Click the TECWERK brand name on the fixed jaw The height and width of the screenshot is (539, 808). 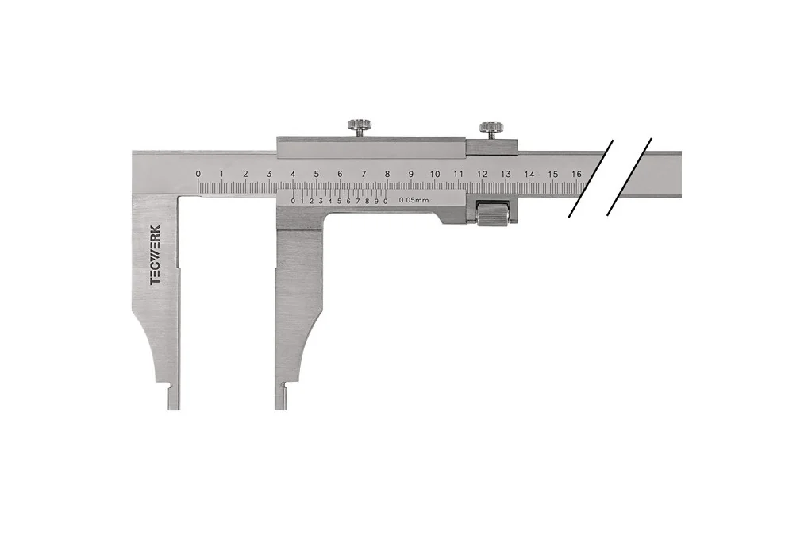(x=155, y=255)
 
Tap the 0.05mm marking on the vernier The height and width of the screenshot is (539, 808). (x=414, y=201)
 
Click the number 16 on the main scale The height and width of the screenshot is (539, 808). (x=576, y=174)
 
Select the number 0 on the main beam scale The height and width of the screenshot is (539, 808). (x=198, y=174)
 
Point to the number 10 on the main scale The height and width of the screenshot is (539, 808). (x=435, y=174)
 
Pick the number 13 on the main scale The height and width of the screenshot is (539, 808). (x=506, y=174)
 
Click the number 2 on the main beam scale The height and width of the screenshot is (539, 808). (x=245, y=174)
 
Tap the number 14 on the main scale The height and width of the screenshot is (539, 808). (x=529, y=174)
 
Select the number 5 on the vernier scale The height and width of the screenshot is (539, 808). (x=339, y=201)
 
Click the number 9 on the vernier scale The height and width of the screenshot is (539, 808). (x=376, y=201)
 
